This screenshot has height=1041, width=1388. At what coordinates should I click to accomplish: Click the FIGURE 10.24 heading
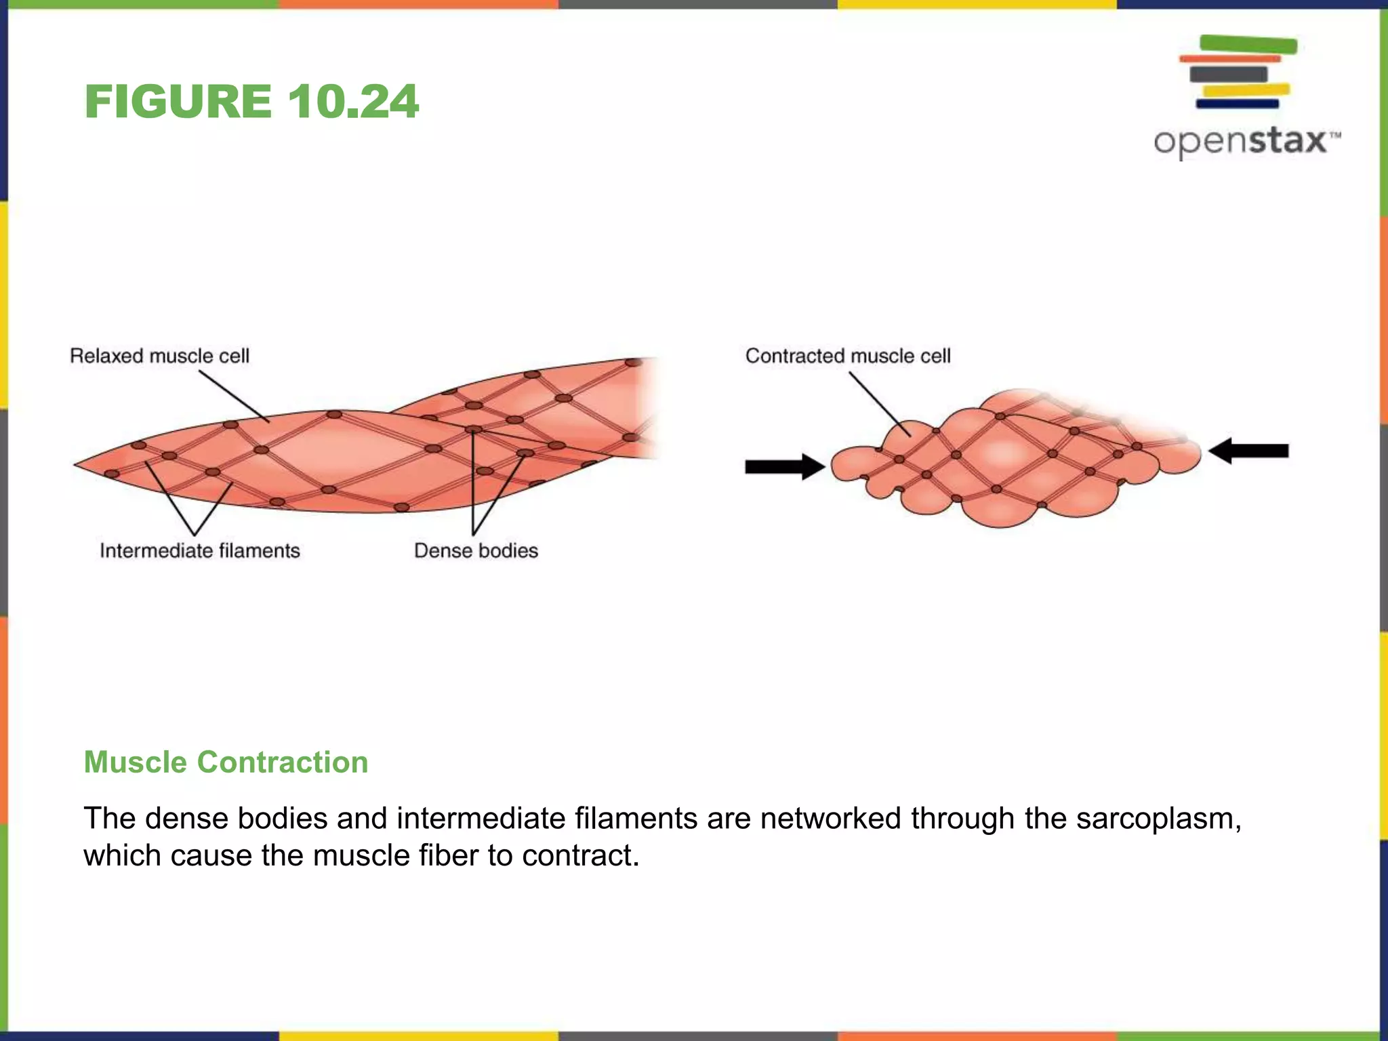coord(251,102)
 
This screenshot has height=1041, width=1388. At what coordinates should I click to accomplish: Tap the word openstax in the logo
coord(1240,141)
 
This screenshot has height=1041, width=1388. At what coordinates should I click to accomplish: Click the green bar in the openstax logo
coord(1248,45)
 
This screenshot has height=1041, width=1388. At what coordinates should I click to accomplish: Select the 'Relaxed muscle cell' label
coord(159,356)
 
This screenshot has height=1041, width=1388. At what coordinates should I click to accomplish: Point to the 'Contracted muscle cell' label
coord(847,356)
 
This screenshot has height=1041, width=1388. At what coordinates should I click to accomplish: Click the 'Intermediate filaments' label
coord(199,550)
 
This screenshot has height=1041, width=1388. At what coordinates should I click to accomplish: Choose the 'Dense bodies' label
coord(476,550)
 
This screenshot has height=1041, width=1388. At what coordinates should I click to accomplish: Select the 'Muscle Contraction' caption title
coord(226,762)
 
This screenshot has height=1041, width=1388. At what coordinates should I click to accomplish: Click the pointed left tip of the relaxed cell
coord(76,464)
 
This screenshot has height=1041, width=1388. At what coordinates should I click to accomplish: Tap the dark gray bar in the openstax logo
coord(1228,74)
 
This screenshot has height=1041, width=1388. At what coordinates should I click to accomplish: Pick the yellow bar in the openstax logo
coord(1246,89)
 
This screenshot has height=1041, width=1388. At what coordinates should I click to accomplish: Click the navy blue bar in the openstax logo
coord(1237,104)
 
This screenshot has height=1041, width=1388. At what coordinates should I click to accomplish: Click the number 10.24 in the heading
coord(352,102)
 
